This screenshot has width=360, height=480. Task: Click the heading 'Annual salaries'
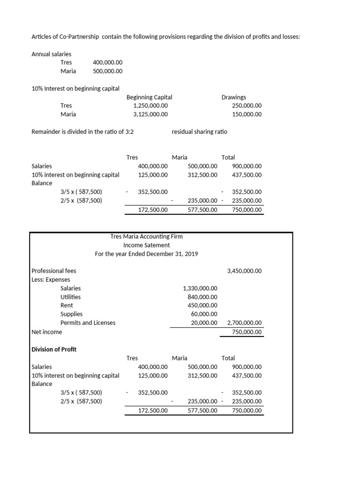click(x=51, y=54)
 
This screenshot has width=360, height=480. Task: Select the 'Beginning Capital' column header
click(x=149, y=97)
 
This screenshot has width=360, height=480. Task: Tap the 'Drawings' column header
click(x=233, y=97)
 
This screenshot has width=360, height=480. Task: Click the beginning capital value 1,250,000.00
click(x=150, y=105)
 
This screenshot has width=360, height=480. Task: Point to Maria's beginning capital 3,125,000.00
click(x=150, y=114)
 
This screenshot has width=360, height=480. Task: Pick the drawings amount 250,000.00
click(x=247, y=105)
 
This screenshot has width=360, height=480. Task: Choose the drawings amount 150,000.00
click(x=247, y=114)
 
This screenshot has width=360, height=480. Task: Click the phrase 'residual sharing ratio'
click(x=199, y=132)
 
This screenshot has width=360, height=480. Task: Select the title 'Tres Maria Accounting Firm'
click(x=146, y=236)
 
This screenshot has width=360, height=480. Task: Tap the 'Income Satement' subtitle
click(x=146, y=245)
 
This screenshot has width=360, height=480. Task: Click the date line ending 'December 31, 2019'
click(x=146, y=254)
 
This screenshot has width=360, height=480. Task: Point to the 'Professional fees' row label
click(x=53, y=271)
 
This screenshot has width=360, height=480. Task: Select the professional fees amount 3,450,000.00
click(x=244, y=271)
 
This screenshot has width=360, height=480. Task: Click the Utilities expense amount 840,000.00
click(x=200, y=297)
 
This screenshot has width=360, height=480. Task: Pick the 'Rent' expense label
click(x=67, y=305)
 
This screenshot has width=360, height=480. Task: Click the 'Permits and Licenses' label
click(x=88, y=322)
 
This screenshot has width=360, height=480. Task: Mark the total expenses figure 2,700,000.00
click(x=244, y=322)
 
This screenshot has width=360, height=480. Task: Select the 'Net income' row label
click(x=46, y=332)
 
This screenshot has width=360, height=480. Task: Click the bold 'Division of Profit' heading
click(x=53, y=349)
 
